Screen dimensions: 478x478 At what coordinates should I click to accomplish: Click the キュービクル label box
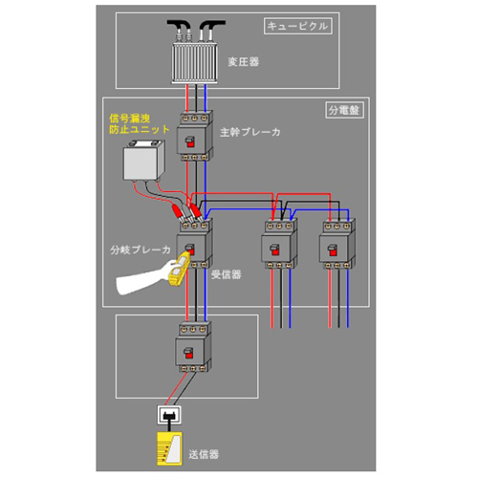(x=298, y=26)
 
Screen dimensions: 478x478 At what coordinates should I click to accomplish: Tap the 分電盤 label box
(x=344, y=110)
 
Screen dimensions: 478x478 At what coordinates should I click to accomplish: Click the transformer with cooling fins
(x=195, y=63)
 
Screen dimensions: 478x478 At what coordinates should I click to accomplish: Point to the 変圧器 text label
(x=244, y=61)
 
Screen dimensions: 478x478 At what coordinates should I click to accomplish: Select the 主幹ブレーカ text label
(x=250, y=132)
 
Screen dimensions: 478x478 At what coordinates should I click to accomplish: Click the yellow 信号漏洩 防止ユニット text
(x=140, y=124)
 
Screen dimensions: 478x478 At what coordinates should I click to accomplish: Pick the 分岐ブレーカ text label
(x=141, y=250)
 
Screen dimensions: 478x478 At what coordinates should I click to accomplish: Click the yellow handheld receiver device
(x=180, y=269)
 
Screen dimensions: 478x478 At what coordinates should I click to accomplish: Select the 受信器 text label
(x=226, y=274)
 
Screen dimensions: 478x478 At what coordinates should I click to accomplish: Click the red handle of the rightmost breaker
(x=333, y=250)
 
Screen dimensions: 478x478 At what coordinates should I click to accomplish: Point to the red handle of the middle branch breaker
(x=274, y=250)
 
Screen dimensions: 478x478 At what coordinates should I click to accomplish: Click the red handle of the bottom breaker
(x=188, y=354)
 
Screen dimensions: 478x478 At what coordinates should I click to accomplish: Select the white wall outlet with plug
(x=169, y=415)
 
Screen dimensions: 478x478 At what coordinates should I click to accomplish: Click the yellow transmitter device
(x=169, y=448)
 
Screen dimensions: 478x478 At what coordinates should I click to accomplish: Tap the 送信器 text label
(x=204, y=454)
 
